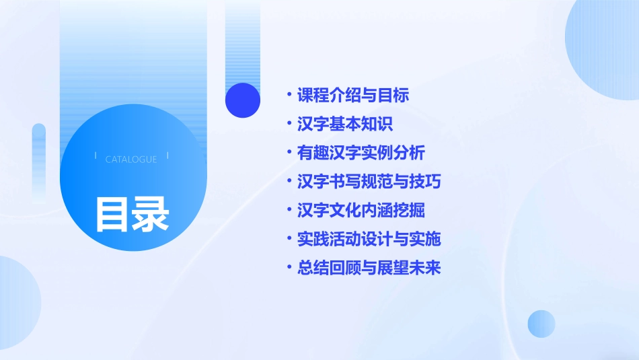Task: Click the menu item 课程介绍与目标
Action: click(352, 96)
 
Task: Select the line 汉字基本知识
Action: click(344, 124)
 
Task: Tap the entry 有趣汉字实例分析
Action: click(361, 153)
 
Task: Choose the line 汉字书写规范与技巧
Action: click(369, 182)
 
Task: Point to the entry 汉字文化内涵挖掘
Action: click(361, 211)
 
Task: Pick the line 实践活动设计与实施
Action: click(369, 239)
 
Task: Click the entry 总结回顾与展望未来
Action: click(369, 268)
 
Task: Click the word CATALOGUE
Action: click(131, 159)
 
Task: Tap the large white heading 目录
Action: click(132, 214)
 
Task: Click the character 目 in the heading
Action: click(112, 214)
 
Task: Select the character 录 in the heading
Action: click(151, 214)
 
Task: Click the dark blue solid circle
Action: click(243, 100)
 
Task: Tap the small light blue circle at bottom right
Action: click(541, 324)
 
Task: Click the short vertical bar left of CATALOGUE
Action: click(96, 155)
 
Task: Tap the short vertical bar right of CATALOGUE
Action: click(167, 155)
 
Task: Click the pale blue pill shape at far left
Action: click(38, 161)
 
